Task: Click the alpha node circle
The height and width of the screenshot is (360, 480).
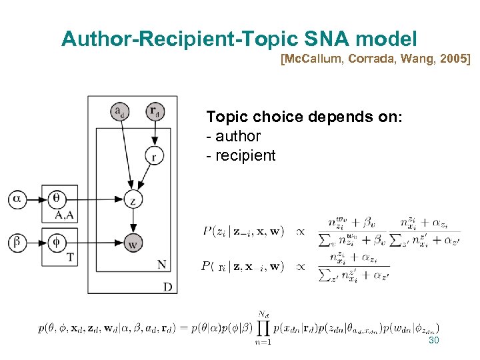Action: (18, 198)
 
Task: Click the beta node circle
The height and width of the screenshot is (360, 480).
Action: (18, 242)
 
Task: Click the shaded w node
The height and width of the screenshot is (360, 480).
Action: (134, 243)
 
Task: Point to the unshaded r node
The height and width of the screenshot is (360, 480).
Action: (155, 156)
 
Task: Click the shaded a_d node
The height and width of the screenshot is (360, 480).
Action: (120, 111)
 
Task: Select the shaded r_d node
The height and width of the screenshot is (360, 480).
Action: (155, 111)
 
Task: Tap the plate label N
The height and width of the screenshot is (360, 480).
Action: (162, 265)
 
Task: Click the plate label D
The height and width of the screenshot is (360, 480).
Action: (167, 287)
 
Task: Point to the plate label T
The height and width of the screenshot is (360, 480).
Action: (70, 257)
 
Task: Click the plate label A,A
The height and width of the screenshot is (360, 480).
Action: (65, 215)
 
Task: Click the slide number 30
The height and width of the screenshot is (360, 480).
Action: (433, 341)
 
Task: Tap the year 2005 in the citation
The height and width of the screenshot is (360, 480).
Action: (453, 61)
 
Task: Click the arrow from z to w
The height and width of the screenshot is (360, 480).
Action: (134, 220)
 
